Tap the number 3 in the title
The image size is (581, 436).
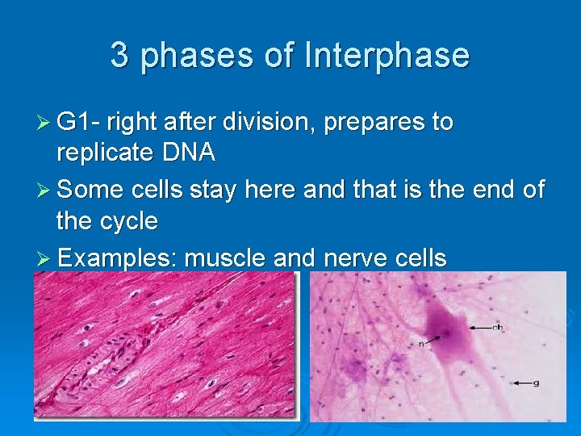(119, 56)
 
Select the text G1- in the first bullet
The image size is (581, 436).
(80, 123)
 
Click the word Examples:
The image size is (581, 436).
(118, 258)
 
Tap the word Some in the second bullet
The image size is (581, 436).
(88, 191)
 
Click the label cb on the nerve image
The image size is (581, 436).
(498, 327)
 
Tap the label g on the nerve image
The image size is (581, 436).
(536, 383)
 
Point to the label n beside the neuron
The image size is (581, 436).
(420, 343)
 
